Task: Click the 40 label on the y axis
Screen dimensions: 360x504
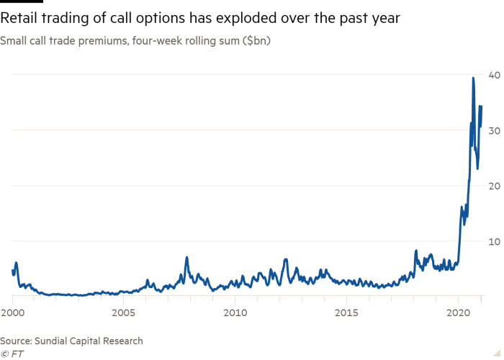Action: point(495,76)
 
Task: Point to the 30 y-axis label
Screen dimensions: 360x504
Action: point(495,131)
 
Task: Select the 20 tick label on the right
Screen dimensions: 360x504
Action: point(495,186)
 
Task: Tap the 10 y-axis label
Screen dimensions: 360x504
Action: point(495,242)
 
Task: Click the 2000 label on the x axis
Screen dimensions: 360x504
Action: point(12,313)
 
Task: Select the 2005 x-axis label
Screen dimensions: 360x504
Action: point(123,313)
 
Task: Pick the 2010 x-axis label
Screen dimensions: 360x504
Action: point(235,313)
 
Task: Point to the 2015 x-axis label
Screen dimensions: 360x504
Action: point(346,313)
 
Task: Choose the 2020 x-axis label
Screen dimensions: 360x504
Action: point(458,313)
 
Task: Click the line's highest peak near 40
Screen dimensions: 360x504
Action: point(473,77)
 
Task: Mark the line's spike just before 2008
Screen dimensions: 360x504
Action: point(186,257)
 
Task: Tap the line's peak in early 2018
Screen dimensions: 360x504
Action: point(415,250)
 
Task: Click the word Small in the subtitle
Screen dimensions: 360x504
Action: point(14,41)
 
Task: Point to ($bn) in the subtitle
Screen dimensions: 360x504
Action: point(255,41)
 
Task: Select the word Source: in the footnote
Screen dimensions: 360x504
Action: point(17,341)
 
